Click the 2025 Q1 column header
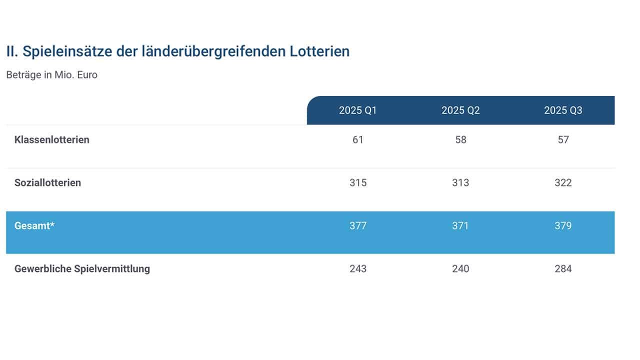point(357,110)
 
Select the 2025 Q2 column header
point(460,110)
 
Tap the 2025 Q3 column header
point(563,110)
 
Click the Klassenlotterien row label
point(52,140)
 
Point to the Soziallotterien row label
point(47,183)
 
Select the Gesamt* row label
point(34,226)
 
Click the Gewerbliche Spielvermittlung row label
point(82,269)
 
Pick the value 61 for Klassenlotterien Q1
point(358,140)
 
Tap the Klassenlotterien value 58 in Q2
point(460,140)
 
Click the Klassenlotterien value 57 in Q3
point(563,140)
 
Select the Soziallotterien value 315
point(358,183)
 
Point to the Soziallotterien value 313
point(460,183)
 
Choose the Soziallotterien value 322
point(563,183)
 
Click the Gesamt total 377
point(358,226)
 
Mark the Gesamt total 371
point(460,226)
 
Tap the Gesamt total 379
point(563,226)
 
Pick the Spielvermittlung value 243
point(358,269)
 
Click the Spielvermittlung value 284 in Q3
point(563,269)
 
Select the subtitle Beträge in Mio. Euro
point(52,75)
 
